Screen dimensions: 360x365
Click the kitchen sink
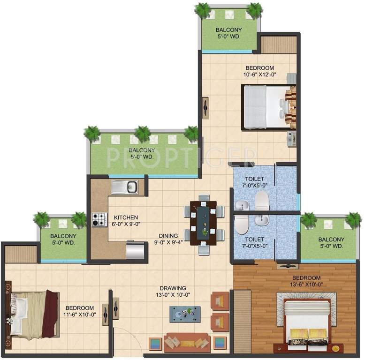point(124,187)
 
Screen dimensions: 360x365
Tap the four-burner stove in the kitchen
point(100,219)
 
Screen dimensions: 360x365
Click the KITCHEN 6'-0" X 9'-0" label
point(126,221)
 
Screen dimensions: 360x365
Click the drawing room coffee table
point(185,314)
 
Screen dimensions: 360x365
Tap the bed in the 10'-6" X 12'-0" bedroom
point(266,107)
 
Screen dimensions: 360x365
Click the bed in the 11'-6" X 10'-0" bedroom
point(33,314)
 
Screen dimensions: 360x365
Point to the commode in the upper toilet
point(261,202)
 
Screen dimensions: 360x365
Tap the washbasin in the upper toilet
point(242,204)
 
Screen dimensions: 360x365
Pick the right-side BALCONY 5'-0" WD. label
point(331,243)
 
